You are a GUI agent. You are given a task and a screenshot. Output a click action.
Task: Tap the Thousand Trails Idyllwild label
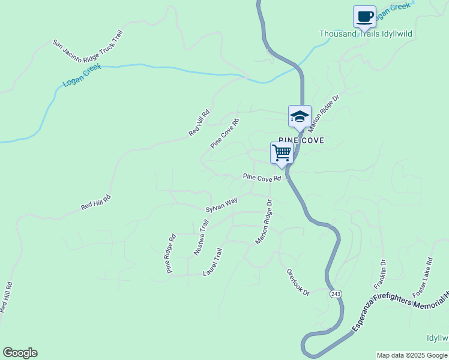click(366, 34)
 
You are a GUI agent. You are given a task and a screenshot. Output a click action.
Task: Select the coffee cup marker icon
click(364, 16)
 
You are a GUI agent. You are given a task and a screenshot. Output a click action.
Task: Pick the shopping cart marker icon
click(282, 152)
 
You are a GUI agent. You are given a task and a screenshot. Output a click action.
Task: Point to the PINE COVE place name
click(301, 140)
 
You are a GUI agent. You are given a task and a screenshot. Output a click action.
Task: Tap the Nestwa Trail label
click(201, 238)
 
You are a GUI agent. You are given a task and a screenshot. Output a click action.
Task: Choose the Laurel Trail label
click(213, 262)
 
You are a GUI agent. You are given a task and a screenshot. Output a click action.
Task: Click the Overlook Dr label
click(298, 282)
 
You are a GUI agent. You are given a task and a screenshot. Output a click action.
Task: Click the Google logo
click(20, 353)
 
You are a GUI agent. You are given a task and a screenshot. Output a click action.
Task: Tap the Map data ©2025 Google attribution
click(412, 355)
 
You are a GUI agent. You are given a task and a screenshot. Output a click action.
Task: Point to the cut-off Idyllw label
click(437, 338)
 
